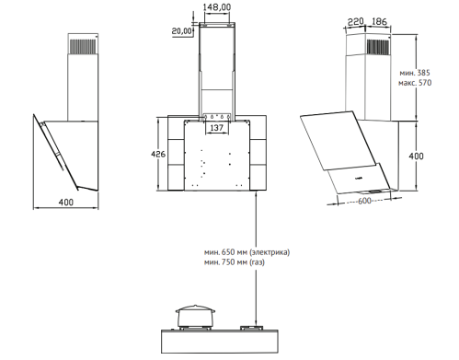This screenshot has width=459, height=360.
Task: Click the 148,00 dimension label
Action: coord(217,7)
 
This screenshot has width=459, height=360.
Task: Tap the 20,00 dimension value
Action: coord(181,30)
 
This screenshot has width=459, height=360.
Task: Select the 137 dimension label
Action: coord(217,127)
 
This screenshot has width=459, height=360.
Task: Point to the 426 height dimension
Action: coord(158,154)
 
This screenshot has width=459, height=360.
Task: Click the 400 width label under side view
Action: coord(66,203)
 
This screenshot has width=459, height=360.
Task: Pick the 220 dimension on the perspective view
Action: coord(356,22)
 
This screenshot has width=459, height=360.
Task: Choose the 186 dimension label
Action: coord(379,21)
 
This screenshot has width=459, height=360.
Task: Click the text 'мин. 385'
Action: coord(415,73)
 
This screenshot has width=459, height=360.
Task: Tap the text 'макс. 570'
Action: coord(415,83)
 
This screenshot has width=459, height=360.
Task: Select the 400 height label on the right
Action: coord(416,156)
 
